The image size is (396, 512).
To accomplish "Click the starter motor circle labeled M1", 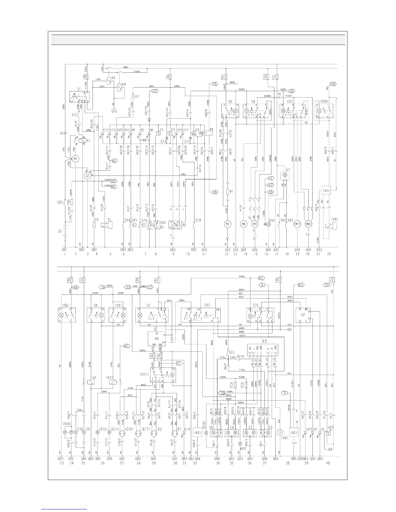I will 75,159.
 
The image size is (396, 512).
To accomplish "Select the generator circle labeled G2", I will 87,176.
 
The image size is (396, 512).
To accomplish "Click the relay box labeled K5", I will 157,338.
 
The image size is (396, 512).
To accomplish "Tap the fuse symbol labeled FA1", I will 170,77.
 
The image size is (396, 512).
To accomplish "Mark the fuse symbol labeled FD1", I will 227,77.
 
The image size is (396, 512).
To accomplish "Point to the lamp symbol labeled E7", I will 285,175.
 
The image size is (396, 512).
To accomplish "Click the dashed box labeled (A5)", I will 197,432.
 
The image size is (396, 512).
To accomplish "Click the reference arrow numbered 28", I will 334,84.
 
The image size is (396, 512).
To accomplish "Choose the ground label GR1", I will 64,250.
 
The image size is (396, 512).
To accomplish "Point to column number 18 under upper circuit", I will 287,254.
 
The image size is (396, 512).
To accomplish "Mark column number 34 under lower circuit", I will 217,463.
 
